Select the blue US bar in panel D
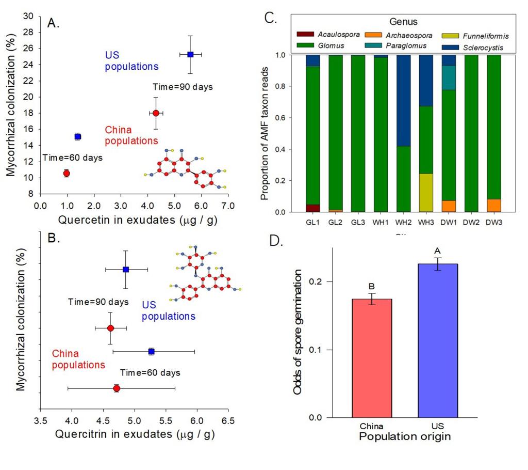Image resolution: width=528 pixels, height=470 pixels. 438,341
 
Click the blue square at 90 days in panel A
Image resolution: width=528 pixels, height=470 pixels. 190,54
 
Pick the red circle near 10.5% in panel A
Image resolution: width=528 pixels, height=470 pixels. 66,173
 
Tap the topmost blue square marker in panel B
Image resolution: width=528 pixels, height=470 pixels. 126,269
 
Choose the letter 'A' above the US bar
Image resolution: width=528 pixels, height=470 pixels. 438,250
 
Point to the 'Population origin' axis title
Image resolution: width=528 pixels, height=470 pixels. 405,437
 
